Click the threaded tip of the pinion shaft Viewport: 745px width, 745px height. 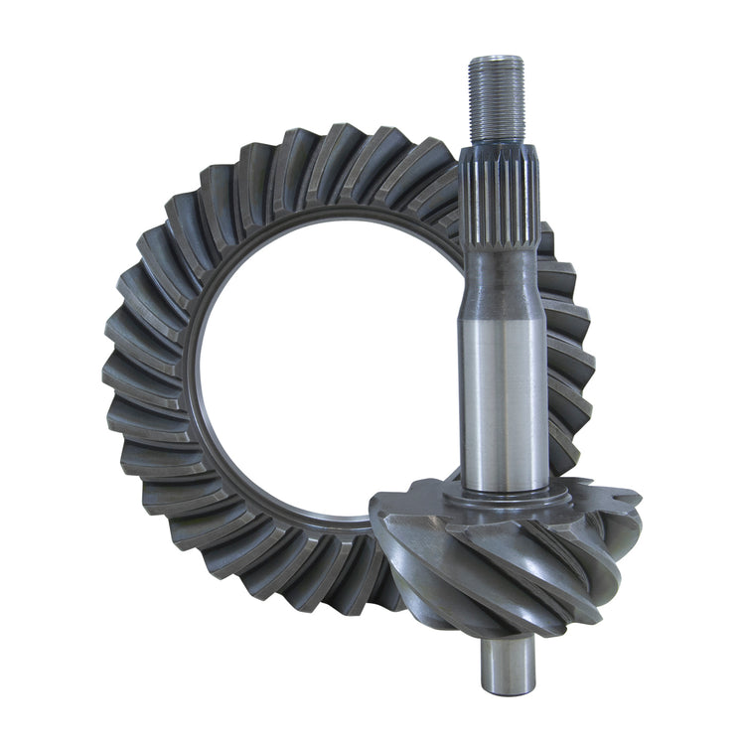[496, 99]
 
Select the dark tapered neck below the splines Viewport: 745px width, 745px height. [502, 278]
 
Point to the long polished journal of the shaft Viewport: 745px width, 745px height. [503, 397]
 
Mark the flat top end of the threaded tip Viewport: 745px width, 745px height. [496, 60]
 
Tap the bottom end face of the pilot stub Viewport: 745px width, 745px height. [508, 688]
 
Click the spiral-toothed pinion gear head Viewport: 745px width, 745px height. [497, 566]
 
